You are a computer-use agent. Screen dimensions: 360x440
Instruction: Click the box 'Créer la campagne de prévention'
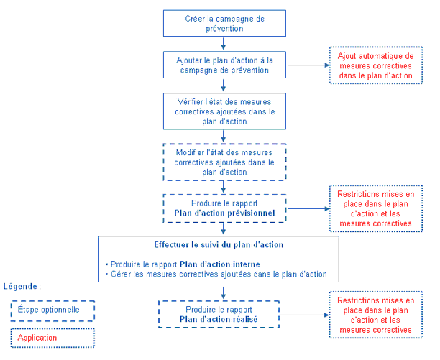pos(225,23)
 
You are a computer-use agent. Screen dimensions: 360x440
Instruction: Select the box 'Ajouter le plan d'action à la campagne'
pos(225,65)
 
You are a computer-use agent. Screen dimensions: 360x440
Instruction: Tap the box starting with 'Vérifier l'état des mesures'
pos(225,111)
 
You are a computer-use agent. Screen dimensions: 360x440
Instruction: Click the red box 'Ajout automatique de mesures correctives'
pos(375,65)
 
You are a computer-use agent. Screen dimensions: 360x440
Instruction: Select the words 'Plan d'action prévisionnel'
pos(224,213)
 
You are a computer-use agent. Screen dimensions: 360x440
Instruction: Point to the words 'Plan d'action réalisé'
pos(219,319)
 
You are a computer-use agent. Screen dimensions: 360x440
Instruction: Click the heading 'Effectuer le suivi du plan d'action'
pos(219,244)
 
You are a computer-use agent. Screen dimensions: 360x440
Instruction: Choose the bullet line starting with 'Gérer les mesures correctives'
pos(216,274)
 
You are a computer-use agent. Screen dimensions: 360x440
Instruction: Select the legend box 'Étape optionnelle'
pos(53,310)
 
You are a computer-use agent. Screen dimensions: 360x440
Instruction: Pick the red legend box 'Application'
pos(53,337)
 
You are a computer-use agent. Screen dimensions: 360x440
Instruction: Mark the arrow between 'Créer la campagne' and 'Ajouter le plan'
pos(225,44)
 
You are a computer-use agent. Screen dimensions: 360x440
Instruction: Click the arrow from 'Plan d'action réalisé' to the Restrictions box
pos(303,315)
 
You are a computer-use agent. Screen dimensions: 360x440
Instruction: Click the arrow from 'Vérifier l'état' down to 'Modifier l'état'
pos(225,137)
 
